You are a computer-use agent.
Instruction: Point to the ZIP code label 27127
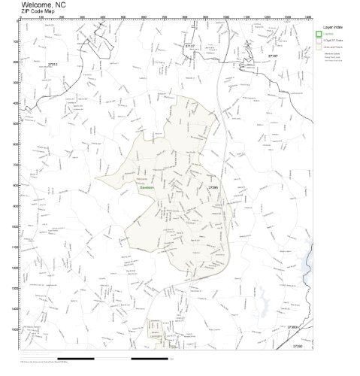click(189, 46)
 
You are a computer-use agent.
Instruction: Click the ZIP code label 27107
click(274, 56)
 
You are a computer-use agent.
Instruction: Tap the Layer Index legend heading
click(333, 26)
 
